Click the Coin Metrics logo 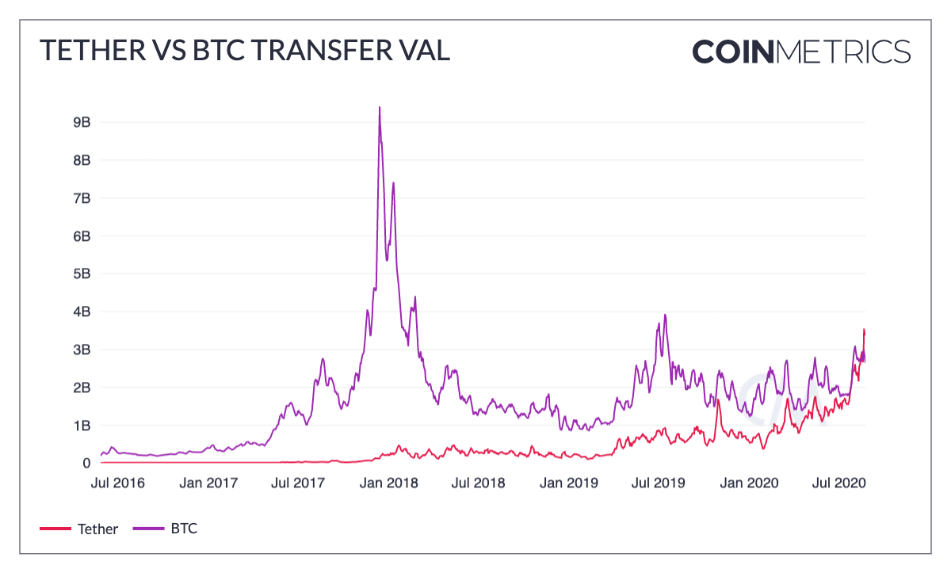tap(801, 52)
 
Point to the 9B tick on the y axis tap(80, 122)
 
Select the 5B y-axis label tap(80, 273)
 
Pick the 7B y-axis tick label tap(80, 198)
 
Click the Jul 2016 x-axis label tap(118, 483)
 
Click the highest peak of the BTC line tap(380, 108)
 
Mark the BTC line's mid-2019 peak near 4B tap(665, 315)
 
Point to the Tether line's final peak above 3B tap(864, 330)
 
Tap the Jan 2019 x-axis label tap(567, 483)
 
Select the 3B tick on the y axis tap(80, 350)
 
